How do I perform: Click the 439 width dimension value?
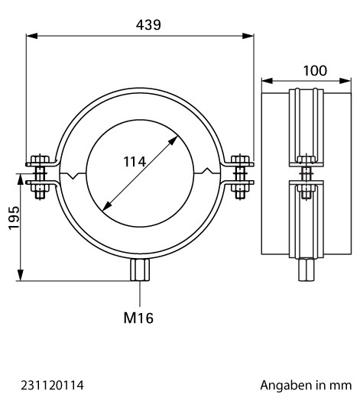pyautogui.click(x=148, y=25)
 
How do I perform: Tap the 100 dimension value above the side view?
pyautogui.click(x=315, y=70)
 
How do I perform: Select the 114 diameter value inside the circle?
pyautogui.click(x=135, y=162)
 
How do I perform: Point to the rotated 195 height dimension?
pyautogui.click(x=14, y=218)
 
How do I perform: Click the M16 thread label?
pyautogui.click(x=138, y=318)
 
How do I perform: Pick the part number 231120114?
pyautogui.click(x=53, y=386)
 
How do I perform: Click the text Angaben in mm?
pyautogui.click(x=306, y=386)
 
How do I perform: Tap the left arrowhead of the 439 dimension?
pyautogui.click(x=32, y=36)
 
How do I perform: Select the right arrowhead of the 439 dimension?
pyautogui.click(x=248, y=36)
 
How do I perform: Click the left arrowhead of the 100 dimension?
pyautogui.click(x=268, y=81)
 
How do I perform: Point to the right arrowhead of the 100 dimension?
pyautogui.click(x=345, y=81)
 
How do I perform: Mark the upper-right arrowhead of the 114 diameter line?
pyautogui.click(x=174, y=140)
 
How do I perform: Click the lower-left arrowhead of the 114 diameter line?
pyautogui.click(x=106, y=206)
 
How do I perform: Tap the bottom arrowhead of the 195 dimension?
pyautogui.click(x=20, y=276)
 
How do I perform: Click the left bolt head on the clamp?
pyautogui.click(x=40, y=160)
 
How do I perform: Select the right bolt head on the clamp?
pyautogui.click(x=240, y=160)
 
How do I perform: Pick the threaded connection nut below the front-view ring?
pyautogui.click(x=140, y=270)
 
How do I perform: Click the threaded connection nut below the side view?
pyautogui.click(x=306, y=270)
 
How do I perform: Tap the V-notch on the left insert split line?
pyautogui.click(x=74, y=176)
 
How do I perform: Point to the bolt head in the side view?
pyautogui.click(x=306, y=160)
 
